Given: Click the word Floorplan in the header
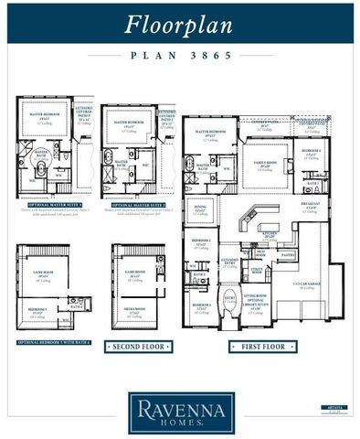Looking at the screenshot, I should [179, 24].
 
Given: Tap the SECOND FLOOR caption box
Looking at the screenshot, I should [138, 347].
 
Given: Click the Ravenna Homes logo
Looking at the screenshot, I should [179, 410].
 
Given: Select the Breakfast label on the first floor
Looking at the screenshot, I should [312, 206].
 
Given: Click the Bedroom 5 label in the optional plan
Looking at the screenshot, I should [37, 311].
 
